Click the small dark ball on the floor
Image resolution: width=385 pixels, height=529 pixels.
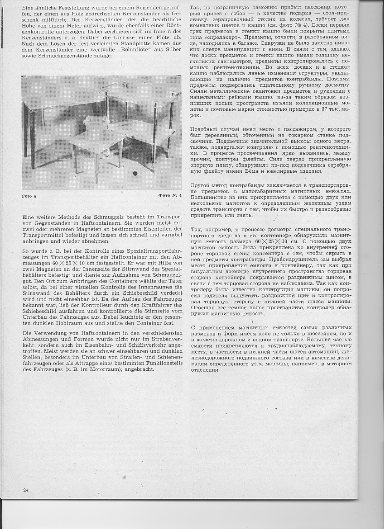pyautogui.click(x=135, y=174)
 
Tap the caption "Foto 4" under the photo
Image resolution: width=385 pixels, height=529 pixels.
pyautogui.click(x=29, y=196)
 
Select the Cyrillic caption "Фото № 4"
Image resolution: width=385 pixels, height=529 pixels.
pyautogui.click(x=170, y=195)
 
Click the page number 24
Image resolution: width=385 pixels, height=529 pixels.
pyautogui.click(x=26, y=490)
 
